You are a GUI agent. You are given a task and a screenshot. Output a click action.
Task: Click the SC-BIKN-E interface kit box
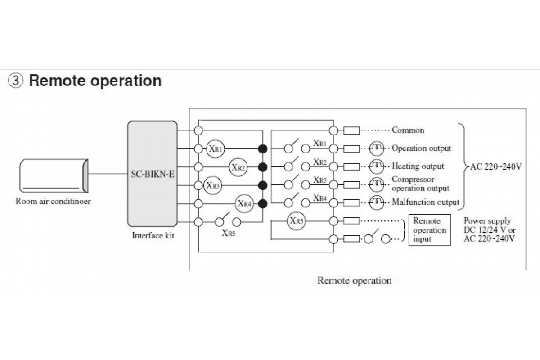(153, 173)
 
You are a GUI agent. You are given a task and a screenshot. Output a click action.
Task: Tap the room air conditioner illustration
(53, 175)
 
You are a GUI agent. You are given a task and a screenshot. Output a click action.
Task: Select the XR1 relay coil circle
(215, 148)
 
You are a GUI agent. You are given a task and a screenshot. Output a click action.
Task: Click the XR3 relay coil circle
(213, 185)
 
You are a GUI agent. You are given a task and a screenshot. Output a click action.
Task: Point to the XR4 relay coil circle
(244, 203)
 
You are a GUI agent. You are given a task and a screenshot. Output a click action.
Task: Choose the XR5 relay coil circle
(296, 221)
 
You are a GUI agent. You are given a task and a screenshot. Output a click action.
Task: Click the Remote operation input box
(429, 230)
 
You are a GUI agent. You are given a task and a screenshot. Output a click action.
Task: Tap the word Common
(408, 130)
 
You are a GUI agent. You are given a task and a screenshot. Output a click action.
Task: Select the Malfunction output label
(425, 202)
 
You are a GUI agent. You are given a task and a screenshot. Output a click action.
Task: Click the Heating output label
(418, 166)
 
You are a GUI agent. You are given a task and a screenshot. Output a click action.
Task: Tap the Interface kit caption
(153, 235)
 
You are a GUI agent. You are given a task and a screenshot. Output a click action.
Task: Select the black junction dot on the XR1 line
(263, 148)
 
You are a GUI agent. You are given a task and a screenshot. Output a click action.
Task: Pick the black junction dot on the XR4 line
(263, 203)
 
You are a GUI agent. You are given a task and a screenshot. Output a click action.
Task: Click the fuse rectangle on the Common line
(351, 130)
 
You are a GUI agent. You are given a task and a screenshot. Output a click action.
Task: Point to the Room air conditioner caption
(53, 201)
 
